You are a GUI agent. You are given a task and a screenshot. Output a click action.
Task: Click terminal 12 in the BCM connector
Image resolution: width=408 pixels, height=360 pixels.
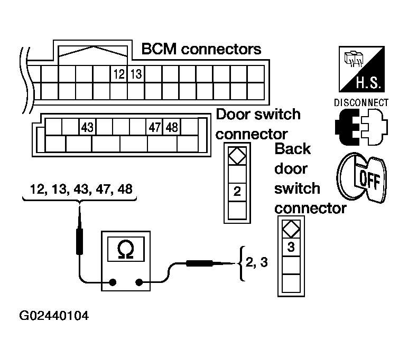[x=119, y=74]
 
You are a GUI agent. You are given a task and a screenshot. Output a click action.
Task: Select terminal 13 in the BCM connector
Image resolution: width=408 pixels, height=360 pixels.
[x=136, y=74]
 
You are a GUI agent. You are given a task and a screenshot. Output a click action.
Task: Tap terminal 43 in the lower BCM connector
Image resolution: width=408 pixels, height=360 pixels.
[x=87, y=127]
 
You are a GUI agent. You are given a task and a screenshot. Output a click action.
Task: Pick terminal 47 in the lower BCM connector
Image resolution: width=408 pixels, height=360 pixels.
[x=154, y=127]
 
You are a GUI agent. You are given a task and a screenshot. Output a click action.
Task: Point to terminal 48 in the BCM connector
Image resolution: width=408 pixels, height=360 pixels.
[x=172, y=127]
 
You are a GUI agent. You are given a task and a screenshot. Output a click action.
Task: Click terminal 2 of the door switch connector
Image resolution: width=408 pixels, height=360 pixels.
[x=237, y=192]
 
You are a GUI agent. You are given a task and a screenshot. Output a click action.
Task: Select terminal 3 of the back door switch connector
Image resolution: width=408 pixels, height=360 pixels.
[x=291, y=247]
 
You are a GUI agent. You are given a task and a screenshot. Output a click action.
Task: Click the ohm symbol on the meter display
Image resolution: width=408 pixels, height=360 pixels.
[x=126, y=250]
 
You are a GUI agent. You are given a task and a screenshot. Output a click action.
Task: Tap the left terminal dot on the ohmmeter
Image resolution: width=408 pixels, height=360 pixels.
[x=113, y=282]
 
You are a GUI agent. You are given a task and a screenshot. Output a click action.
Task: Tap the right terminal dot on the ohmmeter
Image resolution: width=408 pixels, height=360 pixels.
[x=139, y=282]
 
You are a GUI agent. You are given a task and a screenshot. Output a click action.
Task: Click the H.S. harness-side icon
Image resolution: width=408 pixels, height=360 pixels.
[x=361, y=69]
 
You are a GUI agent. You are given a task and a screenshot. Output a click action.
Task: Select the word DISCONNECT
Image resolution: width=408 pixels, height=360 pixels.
[x=361, y=103]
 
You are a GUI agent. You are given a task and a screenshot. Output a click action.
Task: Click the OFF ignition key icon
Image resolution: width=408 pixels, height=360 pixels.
[x=362, y=177]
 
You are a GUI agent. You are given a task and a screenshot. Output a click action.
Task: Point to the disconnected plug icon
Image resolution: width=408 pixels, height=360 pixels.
[x=361, y=127]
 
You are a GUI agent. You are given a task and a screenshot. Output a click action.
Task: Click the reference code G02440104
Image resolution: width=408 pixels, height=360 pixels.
[x=54, y=316]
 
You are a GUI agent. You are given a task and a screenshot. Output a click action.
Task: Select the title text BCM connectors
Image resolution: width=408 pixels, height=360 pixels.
[x=201, y=49]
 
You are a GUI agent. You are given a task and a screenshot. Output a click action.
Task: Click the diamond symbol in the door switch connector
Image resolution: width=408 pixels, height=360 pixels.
[x=237, y=156]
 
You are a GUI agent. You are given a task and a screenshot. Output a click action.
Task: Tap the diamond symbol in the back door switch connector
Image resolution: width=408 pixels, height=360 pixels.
[x=291, y=229]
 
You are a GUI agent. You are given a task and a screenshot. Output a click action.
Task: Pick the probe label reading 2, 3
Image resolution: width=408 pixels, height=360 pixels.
[x=256, y=262]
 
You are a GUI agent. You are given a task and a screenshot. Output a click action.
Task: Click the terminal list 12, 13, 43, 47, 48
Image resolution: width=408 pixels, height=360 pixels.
[x=81, y=189]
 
